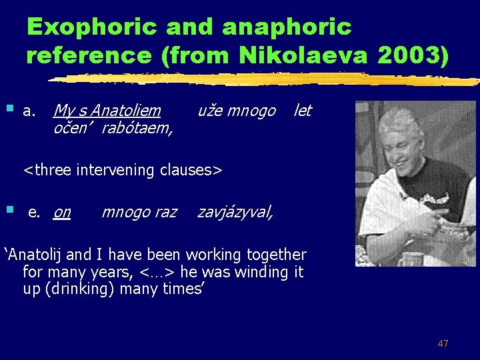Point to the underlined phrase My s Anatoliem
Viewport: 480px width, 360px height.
[x=107, y=111]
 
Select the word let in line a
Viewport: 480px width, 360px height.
[x=303, y=111]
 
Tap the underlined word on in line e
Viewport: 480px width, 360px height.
[x=62, y=212]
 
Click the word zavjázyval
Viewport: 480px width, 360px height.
[x=235, y=212]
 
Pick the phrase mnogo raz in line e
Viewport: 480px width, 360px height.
[x=139, y=212]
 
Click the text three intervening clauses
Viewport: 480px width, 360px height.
[x=123, y=170]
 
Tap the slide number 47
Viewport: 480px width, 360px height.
[x=443, y=343]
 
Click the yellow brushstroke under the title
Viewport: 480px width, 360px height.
[x=267, y=79]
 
